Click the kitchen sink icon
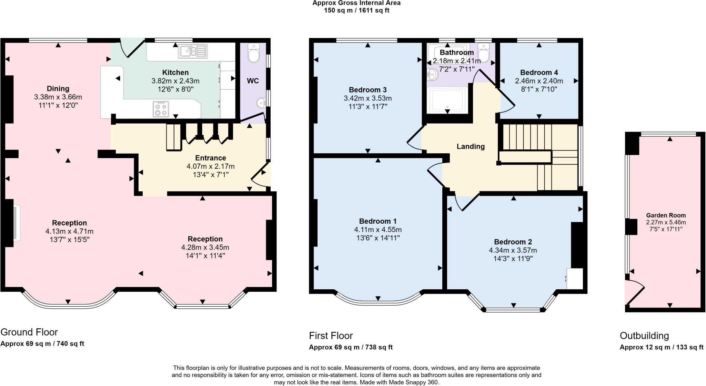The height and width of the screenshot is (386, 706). pos(193,51)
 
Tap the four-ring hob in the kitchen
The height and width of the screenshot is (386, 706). pos(161,109)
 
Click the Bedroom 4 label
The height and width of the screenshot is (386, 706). pos(539,73)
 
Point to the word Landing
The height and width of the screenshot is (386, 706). pos(471,146)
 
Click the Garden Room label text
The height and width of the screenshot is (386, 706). pos(666,215)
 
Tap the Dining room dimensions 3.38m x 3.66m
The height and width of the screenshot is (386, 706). pos(58,97)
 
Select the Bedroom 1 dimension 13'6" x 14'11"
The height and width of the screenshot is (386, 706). pos(377,238)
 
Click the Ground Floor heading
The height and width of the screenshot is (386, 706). pos(29,332)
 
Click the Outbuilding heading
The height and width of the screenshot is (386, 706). pos(644,336)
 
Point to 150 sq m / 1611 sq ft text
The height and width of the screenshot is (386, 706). pos(356,10)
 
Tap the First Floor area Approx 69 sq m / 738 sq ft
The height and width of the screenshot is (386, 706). pos(351,347)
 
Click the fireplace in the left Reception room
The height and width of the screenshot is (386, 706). pos(16,223)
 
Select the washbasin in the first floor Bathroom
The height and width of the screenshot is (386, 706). pos(432,74)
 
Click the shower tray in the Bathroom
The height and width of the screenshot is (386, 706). pos(447,100)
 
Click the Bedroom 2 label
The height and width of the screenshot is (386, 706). pos(513,242)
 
